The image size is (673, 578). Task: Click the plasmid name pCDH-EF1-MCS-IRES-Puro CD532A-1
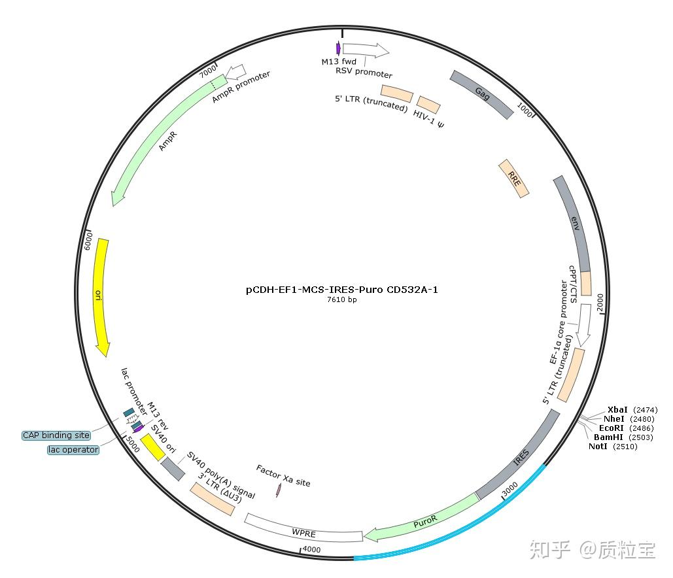[x=342, y=290]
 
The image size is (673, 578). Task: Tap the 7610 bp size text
[x=342, y=300]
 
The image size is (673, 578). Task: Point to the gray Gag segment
[x=482, y=94]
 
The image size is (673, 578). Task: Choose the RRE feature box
[x=514, y=178]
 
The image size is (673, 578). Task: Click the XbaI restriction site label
[x=617, y=410]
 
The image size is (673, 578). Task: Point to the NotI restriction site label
[x=598, y=447]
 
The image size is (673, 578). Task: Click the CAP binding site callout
[x=56, y=435]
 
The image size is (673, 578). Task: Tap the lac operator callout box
[x=73, y=450]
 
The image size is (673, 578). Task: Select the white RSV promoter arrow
[x=365, y=49]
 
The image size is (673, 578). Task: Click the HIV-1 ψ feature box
[x=428, y=105]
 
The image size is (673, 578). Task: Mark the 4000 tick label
[x=311, y=550]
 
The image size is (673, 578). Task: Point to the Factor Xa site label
[x=283, y=476]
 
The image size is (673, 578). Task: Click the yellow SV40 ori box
[x=152, y=447]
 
